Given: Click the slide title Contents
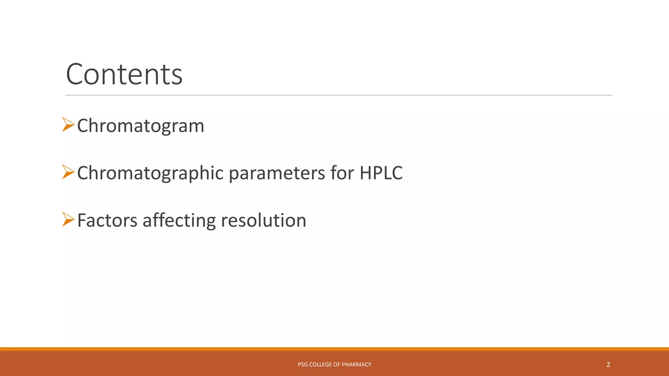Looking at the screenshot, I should point(124,74).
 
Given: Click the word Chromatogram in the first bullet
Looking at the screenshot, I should point(140,126).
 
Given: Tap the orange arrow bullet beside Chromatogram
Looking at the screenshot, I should point(68,125).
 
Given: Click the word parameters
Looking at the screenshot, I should point(277,173).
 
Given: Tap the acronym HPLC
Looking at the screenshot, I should point(381,173).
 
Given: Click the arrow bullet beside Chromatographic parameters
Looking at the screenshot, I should point(68,172).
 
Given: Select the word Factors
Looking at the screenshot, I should point(107,220).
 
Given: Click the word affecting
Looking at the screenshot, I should point(179,220).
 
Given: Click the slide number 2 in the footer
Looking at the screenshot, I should point(608,365).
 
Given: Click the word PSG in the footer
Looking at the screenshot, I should point(302,365).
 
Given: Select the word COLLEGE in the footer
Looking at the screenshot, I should point(320,365).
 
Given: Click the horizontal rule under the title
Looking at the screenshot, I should point(339,95).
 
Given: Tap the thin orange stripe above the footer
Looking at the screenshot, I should point(334,349).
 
